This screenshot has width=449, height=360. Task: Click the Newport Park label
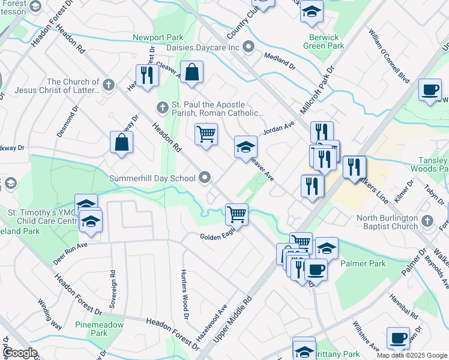coord(158,37)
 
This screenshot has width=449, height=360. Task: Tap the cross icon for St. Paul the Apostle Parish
coord(161,108)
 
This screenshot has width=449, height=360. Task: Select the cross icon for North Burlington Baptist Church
coord(427,221)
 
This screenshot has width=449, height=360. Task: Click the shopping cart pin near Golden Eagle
coord(237,213)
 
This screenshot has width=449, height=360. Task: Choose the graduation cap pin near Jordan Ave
coord(245,146)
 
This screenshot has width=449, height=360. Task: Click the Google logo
coord(19,353)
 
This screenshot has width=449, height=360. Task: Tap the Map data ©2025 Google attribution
coord(412,355)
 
